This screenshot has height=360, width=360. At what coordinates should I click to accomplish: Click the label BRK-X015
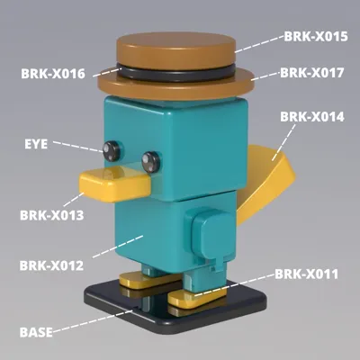coord(316,37)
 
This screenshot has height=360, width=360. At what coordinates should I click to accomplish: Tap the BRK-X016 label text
coord(53,74)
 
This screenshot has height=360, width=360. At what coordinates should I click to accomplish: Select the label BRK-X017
coord(312,73)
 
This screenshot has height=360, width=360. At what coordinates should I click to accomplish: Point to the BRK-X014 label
coord(312,117)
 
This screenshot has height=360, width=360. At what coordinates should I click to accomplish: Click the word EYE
coord(36,144)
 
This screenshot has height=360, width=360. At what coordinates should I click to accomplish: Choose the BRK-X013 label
coord(52,215)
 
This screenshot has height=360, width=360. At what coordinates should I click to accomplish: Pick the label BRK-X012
coord(51,265)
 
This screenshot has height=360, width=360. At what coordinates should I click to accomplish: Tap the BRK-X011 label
coord(307,274)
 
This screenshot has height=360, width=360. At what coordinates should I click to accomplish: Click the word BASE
coord(36,332)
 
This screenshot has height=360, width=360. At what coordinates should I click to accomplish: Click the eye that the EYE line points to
coord(112,150)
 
